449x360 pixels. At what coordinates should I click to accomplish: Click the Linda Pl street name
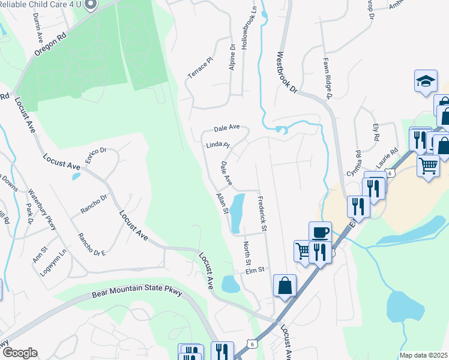tap(218, 145)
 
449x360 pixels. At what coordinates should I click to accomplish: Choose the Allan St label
tap(222, 203)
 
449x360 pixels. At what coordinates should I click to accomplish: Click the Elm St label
tap(255, 270)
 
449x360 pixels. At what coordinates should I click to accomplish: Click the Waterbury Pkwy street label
tap(42, 209)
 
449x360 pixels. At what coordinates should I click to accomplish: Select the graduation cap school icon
tap(425, 81)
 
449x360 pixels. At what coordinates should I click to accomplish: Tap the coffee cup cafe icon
tap(320, 232)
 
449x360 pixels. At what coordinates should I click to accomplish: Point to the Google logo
tap(20, 353)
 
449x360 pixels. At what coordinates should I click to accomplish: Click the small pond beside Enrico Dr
tap(75, 176)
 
